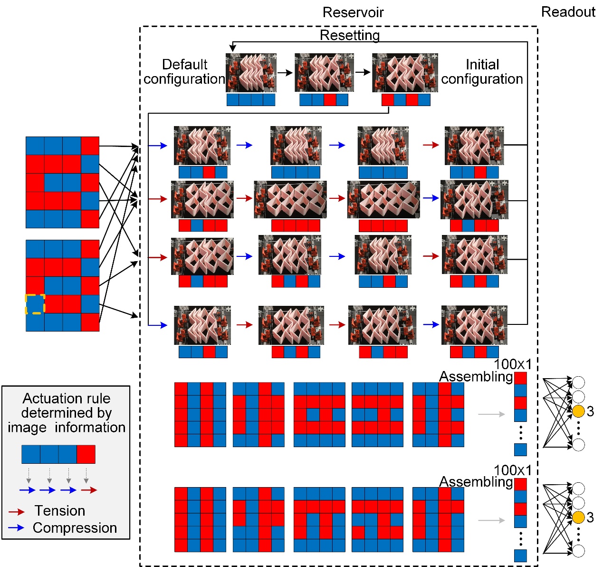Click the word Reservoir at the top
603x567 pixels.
[x=353, y=12]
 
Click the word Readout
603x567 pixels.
[x=568, y=12]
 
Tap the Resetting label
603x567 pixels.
[x=350, y=35]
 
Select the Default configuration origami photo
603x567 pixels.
[x=251, y=72]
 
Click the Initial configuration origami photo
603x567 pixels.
[x=404, y=72]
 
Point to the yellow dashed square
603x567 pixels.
[x=35, y=304]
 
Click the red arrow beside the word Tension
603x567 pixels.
[x=17, y=512]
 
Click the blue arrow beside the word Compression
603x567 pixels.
[x=17, y=528]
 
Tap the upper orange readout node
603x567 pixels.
[x=578, y=411]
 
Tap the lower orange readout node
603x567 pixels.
[x=578, y=518]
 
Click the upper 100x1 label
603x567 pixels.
[x=513, y=364]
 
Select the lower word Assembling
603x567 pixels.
[x=476, y=482]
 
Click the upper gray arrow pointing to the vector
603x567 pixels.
[x=491, y=414]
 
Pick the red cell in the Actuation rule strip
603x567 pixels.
[x=86, y=454]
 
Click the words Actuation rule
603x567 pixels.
[x=67, y=398]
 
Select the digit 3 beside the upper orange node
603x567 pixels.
[x=590, y=411]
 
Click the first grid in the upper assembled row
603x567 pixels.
[x=200, y=414]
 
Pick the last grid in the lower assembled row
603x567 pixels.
[x=438, y=519]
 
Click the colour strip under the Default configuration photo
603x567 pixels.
[x=251, y=99]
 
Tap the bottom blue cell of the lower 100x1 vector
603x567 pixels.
[x=520, y=555]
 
